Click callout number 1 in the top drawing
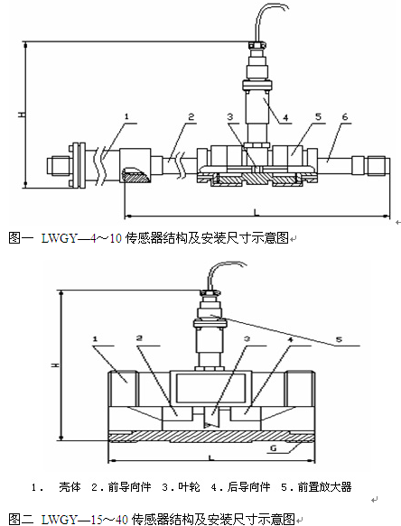click(x=126, y=116)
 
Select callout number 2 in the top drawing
click(x=191, y=116)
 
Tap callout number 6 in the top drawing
click(x=345, y=116)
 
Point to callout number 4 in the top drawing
click(x=285, y=118)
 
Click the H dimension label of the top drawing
click(x=22, y=115)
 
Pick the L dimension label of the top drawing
click(x=256, y=212)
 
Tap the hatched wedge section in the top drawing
click(x=135, y=175)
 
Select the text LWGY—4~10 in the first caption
click(x=81, y=238)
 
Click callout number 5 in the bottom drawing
click(x=339, y=339)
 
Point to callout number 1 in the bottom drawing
click(x=95, y=339)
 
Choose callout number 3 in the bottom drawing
click(x=247, y=339)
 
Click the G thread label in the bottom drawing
click(x=274, y=448)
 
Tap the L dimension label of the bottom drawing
click(x=211, y=457)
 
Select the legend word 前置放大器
click(x=324, y=486)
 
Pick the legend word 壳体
click(x=70, y=486)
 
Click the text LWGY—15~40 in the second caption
click(x=85, y=520)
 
